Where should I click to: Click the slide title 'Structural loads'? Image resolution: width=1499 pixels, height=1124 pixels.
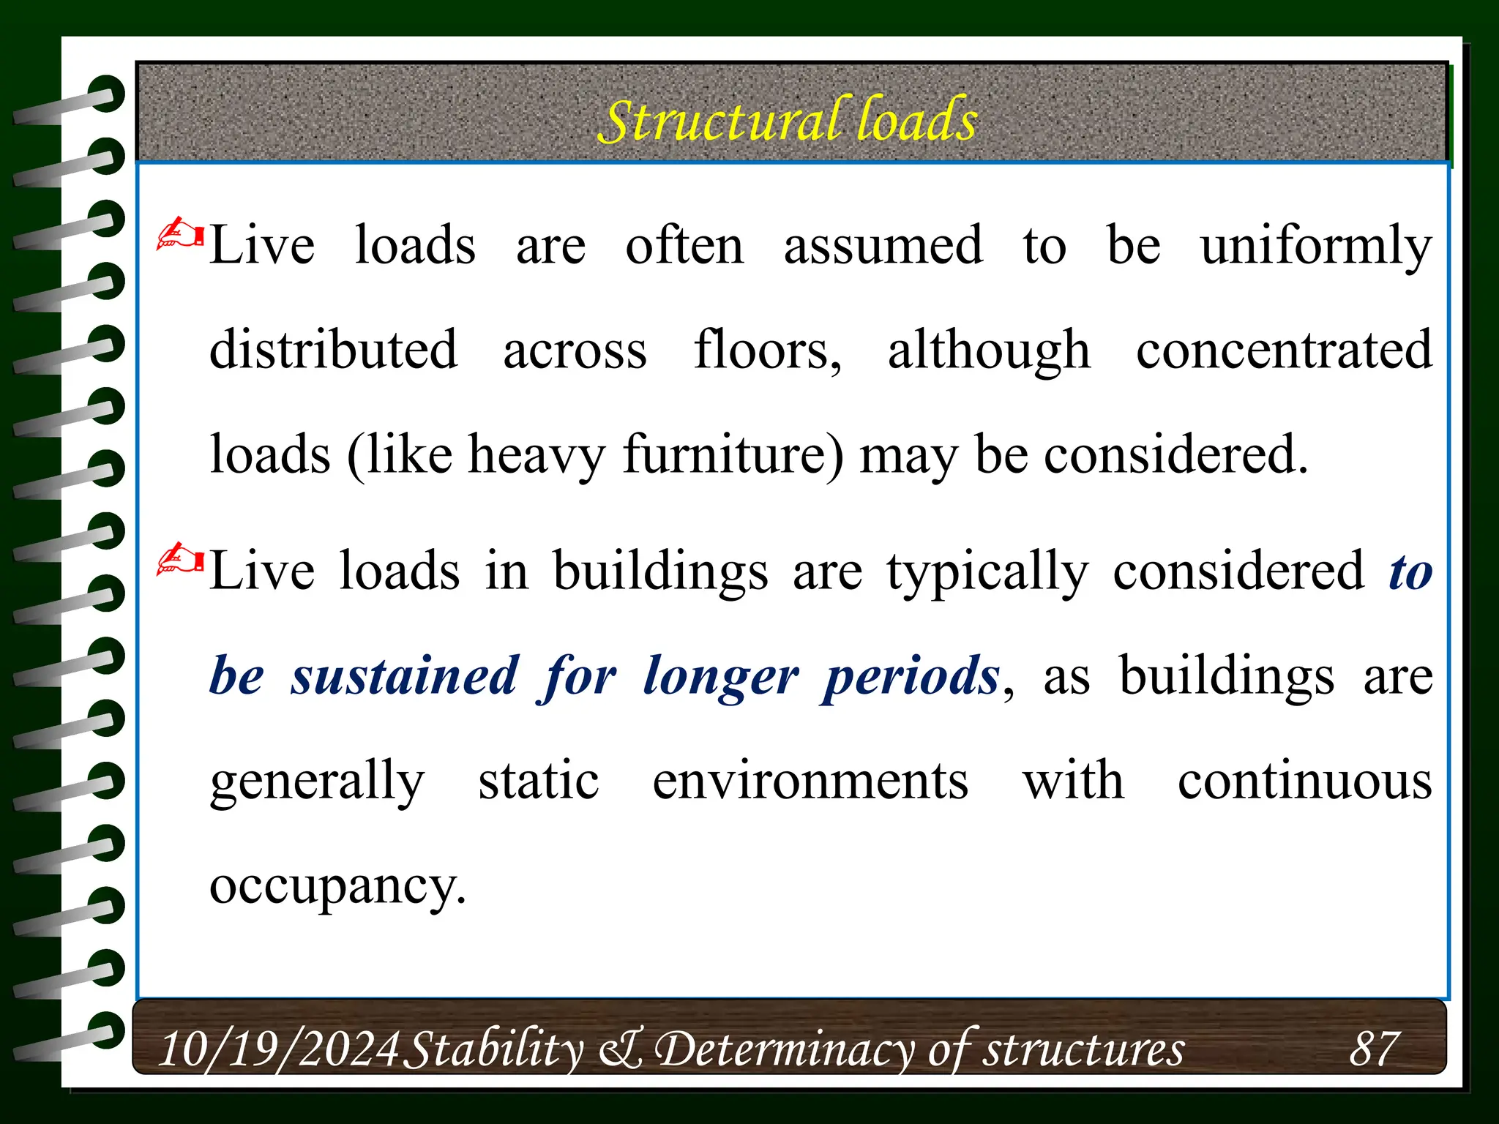coord(788,119)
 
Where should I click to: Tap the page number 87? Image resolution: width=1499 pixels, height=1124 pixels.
coord(1374,1048)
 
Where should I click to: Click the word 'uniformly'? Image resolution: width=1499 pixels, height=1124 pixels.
coord(1315,247)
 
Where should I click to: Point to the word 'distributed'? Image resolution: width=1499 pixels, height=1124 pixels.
coord(334,350)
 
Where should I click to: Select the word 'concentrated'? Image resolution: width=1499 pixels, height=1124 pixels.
coord(1284,350)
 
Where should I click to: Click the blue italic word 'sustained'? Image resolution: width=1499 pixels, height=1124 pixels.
coord(405,675)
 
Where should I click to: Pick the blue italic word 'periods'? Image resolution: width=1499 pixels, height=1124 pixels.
coord(911,675)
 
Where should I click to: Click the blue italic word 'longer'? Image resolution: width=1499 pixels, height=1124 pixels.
coord(720,677)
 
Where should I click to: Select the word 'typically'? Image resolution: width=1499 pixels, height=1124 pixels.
coord(987,572)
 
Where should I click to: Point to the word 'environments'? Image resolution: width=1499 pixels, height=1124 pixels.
coord(810,781)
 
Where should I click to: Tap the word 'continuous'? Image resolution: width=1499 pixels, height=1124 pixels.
coord(1304,781)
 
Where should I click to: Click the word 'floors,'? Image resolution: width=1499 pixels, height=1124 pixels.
coord(767,350)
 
